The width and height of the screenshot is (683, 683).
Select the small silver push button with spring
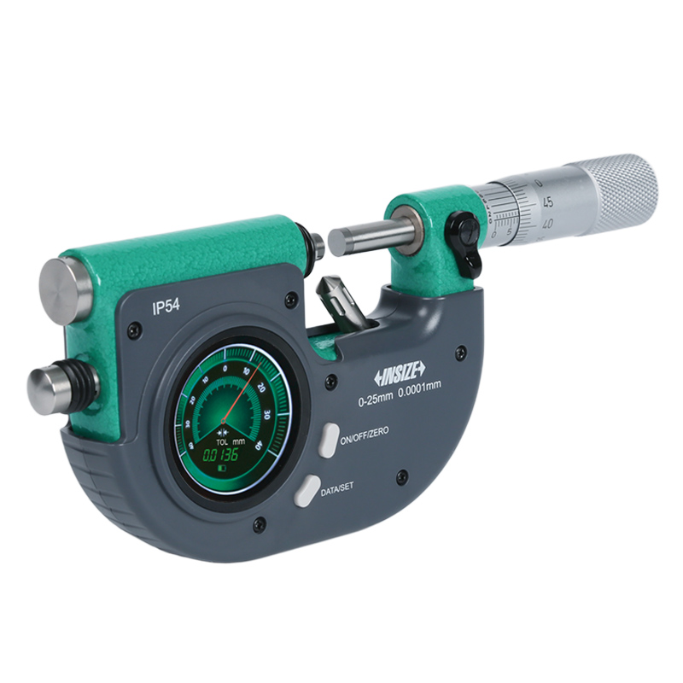[54, 389]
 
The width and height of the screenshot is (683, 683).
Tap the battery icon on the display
[221, 468]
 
